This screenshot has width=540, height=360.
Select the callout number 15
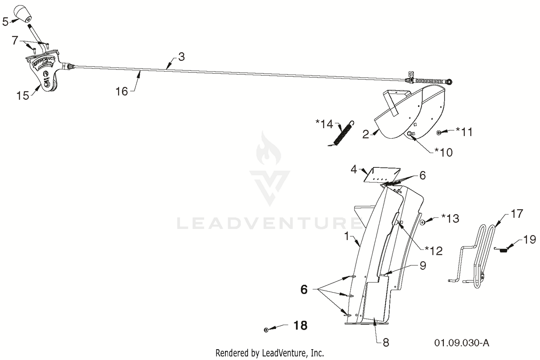(23, 96)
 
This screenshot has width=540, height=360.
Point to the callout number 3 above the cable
(181, 57)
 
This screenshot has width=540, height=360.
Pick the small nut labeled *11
(439, 132)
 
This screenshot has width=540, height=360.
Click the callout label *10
(443, 152)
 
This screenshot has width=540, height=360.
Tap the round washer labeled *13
(423, 222)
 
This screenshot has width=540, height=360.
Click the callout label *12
(433, 251)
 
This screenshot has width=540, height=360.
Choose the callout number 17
(517, 213)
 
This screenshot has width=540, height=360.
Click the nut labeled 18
(266, 330)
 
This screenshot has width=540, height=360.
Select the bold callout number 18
(300, 325)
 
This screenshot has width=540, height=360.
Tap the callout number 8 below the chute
(386, 343)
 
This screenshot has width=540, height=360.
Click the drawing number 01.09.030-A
(462, 343)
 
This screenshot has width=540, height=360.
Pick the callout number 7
(15, 40)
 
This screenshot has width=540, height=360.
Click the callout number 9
(423, 265)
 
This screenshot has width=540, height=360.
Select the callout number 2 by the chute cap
(366, 135)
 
